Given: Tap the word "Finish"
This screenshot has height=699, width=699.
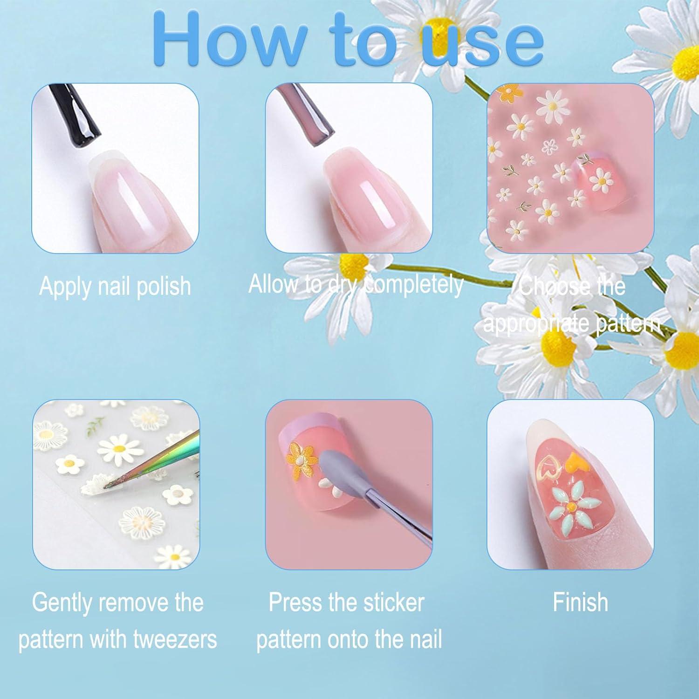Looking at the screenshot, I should point(580,602).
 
